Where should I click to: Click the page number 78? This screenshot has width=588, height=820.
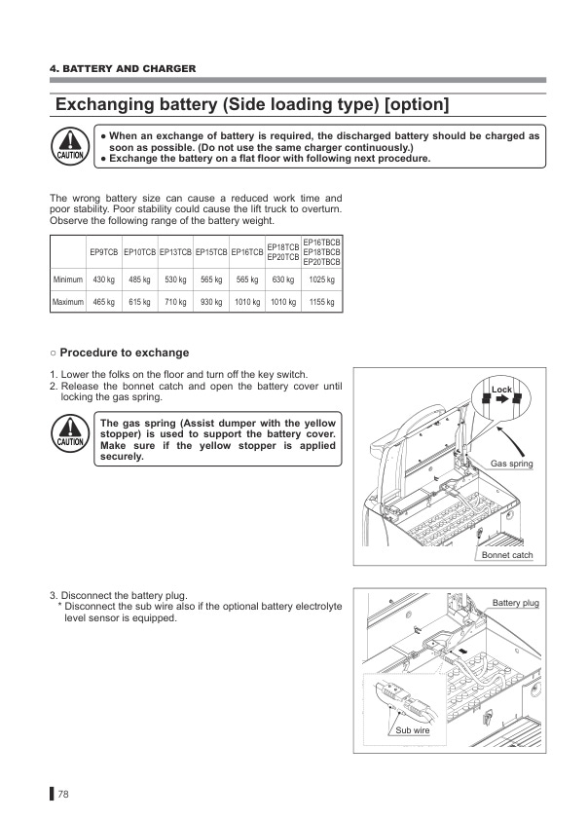(x=63, y=794)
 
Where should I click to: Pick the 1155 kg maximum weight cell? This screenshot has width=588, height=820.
(x=322, y=303)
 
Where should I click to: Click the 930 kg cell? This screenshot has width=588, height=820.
(x=212, y=303)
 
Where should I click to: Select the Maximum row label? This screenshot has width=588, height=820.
(x=67, y=303)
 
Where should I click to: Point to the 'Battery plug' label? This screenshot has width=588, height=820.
(x=515, y=604)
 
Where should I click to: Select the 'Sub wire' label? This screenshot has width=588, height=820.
(x=413, y=729)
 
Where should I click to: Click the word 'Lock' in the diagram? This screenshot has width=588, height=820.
(x=501, y=390)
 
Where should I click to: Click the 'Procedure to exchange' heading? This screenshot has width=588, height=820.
(x=125, y=353)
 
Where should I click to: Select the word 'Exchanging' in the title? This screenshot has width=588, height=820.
(x=119, y=104)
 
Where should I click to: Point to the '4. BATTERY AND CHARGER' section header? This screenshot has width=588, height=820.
(x=123, y=69)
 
